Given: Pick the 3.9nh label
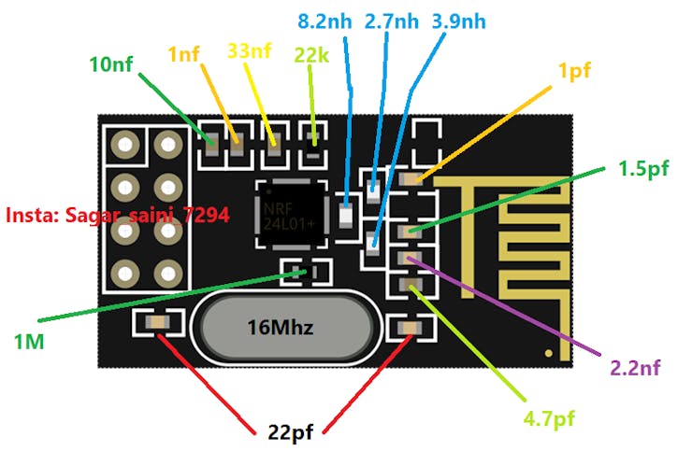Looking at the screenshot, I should point(459,21).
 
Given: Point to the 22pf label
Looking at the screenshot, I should point(287,432).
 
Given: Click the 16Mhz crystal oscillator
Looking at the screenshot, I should point(285,328).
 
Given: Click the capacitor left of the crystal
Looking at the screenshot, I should point(156,323).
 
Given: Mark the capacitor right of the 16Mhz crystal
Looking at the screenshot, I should point(410,327).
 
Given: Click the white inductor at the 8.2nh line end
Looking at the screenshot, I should point(345,216).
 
